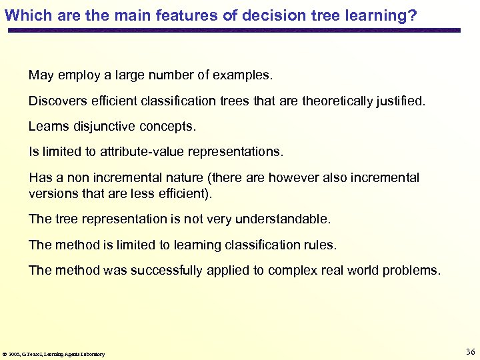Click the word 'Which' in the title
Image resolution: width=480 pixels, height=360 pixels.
click(25, 15)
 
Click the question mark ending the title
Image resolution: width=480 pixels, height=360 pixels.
click(413, 15)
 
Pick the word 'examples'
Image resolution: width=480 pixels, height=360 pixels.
click(242, 75)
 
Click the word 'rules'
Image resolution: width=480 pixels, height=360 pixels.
click(321, 245)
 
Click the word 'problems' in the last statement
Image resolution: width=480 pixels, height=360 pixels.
click(413, 270)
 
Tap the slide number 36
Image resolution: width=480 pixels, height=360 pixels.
click(469, 351)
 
